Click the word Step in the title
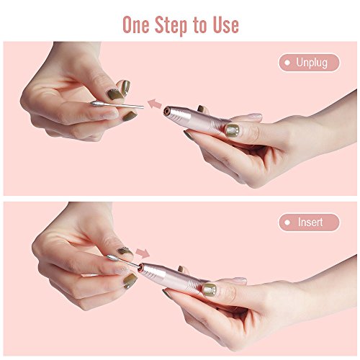click(x=171, y=25)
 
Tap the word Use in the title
click(x=225, y=24)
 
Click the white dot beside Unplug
click(x=287, y=63)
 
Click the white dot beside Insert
click(x=287, y=222)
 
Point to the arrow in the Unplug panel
click(x=155, y=104)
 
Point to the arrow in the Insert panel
click(x=143, y=253)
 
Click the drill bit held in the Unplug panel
click(x=117, y=105)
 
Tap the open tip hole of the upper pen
click(x=167, y=111)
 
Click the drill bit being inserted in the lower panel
click(x=124, y=261)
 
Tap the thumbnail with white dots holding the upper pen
click(x=233, y=130)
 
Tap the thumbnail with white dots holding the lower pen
click(x=210, y=289)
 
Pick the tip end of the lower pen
click(x=141, y=266)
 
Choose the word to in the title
click(x=199, y=25)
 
